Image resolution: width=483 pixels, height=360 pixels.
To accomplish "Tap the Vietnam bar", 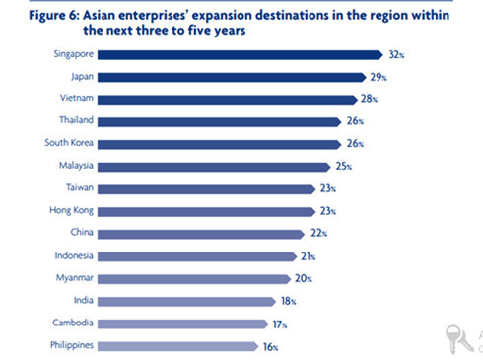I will pyautogui.click(x=227, y=100).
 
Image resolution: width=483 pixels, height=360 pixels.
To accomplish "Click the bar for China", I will pyautogui.click(x=201, y=233).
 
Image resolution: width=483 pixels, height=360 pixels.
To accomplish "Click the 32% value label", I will pyautogui.click(x=396, y=55).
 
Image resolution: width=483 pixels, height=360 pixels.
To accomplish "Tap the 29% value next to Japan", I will pyautogui.click(x=379, y=77).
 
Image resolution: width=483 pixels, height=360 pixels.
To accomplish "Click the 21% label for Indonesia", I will pyautogui.click(x=310, y=256).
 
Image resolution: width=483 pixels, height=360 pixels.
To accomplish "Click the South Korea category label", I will pyautogui.click(x=69, y=144).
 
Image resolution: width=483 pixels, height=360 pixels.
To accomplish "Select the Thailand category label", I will pyautogui.click(x=75, y=121).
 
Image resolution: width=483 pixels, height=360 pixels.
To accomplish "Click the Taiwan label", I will pyautogui.click(x=78, y=188).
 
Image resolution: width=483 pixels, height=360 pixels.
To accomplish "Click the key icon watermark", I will pyautogui.click(x=454, y=335).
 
